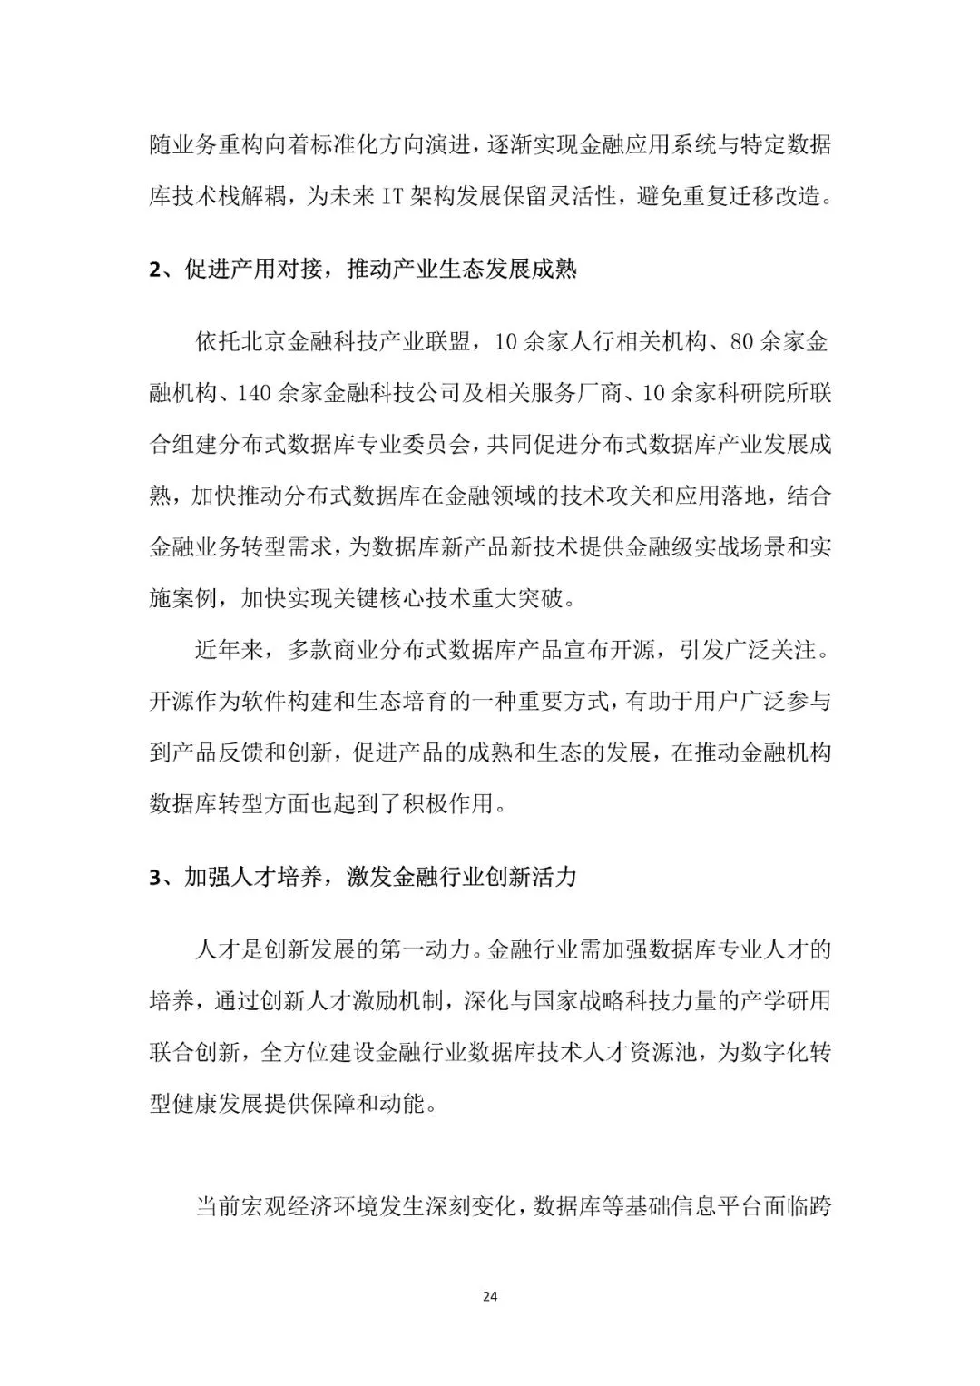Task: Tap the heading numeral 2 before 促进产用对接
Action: coord(154,270)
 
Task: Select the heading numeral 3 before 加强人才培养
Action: coord(154,878)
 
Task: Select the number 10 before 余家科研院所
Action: coord(654,394)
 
